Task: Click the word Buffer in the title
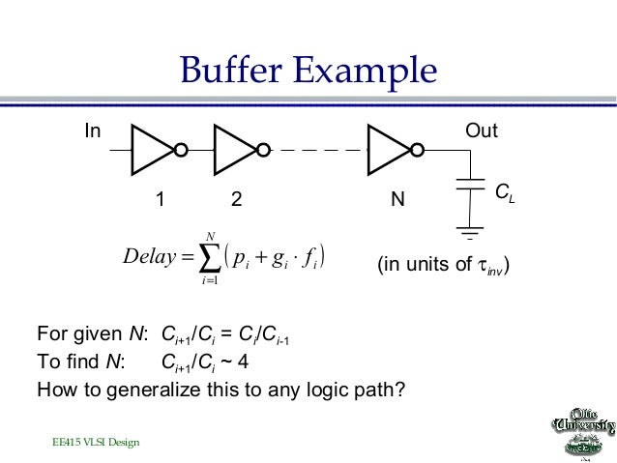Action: coord(231,71)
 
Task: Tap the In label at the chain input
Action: coord(91,130)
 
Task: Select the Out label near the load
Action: coord(482,130)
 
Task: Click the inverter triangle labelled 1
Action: coord(153,151)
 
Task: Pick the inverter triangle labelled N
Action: coord(390,151)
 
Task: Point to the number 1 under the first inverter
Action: coord(162,200)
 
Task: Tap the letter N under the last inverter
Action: coord(396,200)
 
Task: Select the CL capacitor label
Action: coord(505,194)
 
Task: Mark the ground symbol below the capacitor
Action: coord(469,233)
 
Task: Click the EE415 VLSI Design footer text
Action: coord(96,442)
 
